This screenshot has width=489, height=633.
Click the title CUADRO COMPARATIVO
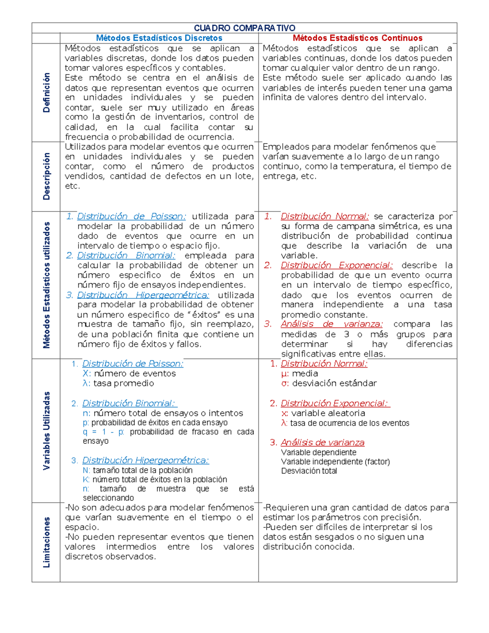(244, 28)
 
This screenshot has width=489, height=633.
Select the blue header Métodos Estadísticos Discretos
(159, 38)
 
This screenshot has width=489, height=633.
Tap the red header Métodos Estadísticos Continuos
(357, 38)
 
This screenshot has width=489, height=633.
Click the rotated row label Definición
(46, 93)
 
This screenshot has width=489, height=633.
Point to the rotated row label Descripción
(46, 176)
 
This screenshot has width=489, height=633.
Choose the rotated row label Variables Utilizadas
(46, 431)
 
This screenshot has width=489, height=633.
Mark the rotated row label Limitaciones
(46, 542)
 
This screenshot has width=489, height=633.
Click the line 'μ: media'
(300, 374)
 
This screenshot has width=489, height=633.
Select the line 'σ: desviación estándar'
(329, 384)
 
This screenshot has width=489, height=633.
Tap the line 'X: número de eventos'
(129, 374)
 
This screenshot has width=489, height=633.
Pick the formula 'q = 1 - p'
(104, 432)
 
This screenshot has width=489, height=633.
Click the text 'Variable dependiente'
(319, 452)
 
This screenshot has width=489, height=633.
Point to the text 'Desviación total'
(309, 471)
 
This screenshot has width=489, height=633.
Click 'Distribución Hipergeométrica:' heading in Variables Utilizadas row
(145, 461)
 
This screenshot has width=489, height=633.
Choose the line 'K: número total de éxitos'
(155, 480)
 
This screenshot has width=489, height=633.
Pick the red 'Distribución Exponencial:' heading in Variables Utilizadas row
(335, 404)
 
